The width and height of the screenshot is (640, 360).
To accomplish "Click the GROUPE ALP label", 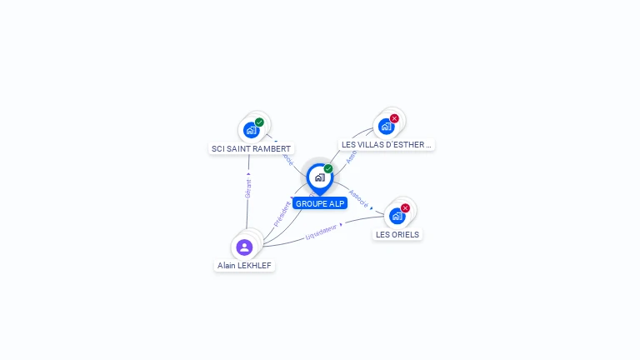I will (320, 203).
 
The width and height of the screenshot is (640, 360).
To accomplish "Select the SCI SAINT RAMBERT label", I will (251, 148).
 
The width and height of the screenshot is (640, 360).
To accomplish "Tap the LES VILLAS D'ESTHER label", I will (387, 144).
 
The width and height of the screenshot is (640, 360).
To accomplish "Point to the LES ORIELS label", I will (397, 234).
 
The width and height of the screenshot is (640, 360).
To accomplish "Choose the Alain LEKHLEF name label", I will (244, 265).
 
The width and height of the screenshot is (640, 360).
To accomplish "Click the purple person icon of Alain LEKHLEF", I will (244, 247).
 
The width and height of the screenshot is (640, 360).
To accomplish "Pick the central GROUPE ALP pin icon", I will (319, 177).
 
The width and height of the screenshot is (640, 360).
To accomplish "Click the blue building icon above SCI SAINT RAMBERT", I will (250, 130).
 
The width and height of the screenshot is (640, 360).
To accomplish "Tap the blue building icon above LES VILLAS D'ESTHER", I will (385, 127).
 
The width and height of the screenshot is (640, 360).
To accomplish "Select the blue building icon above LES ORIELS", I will (397, 216).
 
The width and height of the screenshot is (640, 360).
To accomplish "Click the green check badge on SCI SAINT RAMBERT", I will (259, 122).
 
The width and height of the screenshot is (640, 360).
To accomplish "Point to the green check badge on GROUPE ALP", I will (328, 168).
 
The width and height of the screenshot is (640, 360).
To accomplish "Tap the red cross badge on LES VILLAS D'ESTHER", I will (394, 118).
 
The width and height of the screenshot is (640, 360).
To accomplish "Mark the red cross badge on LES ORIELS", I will (405, 207).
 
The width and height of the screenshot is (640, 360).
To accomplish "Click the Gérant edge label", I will (247, 188).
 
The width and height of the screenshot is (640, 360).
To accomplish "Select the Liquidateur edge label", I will (321, 231).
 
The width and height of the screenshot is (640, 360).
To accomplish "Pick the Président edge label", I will (282, 212).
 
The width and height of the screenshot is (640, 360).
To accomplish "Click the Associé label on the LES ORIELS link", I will (357, 197).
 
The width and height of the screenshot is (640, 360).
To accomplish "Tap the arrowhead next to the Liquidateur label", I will (341, 224).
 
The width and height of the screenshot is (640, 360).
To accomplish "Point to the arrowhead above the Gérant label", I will (248, 174).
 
